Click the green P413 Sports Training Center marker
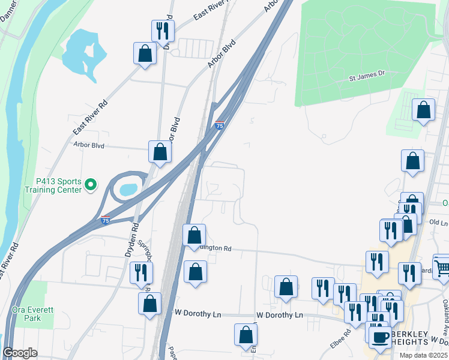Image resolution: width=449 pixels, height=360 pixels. point(91,184)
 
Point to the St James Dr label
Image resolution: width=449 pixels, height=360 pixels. point(366,78)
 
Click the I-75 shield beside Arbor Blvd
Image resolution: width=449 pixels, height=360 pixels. point(219,125)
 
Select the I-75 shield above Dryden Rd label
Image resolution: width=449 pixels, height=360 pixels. point(105,220)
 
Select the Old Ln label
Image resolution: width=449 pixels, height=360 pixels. point(439,223)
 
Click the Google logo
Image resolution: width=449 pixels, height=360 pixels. point(20,353)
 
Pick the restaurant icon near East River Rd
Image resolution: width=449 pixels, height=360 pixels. point(162,30)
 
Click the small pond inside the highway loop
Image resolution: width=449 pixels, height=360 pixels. point(128,190)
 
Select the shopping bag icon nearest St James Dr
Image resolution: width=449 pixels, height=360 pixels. point(424,110)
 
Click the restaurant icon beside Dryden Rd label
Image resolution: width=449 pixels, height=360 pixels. point(141,272)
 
